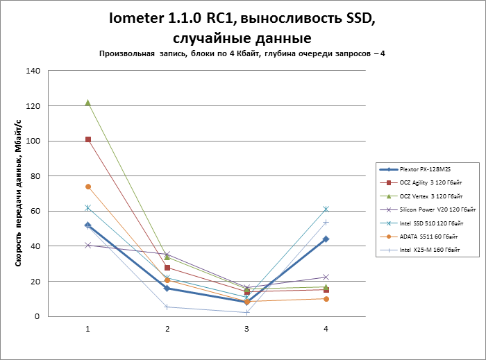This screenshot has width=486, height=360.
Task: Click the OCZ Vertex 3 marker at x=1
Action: point(88,103)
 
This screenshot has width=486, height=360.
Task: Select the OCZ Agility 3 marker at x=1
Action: point(88,139)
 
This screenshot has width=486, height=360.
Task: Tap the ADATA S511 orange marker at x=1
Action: point(88,187)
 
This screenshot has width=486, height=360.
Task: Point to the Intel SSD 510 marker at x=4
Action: point(326,209)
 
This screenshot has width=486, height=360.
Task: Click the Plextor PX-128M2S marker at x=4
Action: point(326,239)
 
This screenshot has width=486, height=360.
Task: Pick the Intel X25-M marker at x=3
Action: point(246,312)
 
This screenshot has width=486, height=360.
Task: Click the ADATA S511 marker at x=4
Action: point(326,299)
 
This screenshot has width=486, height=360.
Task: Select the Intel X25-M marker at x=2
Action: point(167,307)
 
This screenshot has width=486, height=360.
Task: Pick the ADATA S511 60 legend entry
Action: point(430,236)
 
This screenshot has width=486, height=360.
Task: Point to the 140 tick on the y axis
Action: point(33,71)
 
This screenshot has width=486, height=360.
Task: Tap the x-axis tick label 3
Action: point(246,328)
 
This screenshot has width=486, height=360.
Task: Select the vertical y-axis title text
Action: point(15,194)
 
